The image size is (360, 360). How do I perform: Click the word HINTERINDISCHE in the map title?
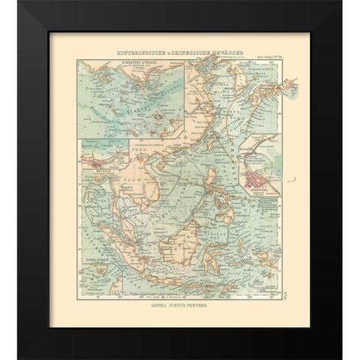click(x=136, y=52)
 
